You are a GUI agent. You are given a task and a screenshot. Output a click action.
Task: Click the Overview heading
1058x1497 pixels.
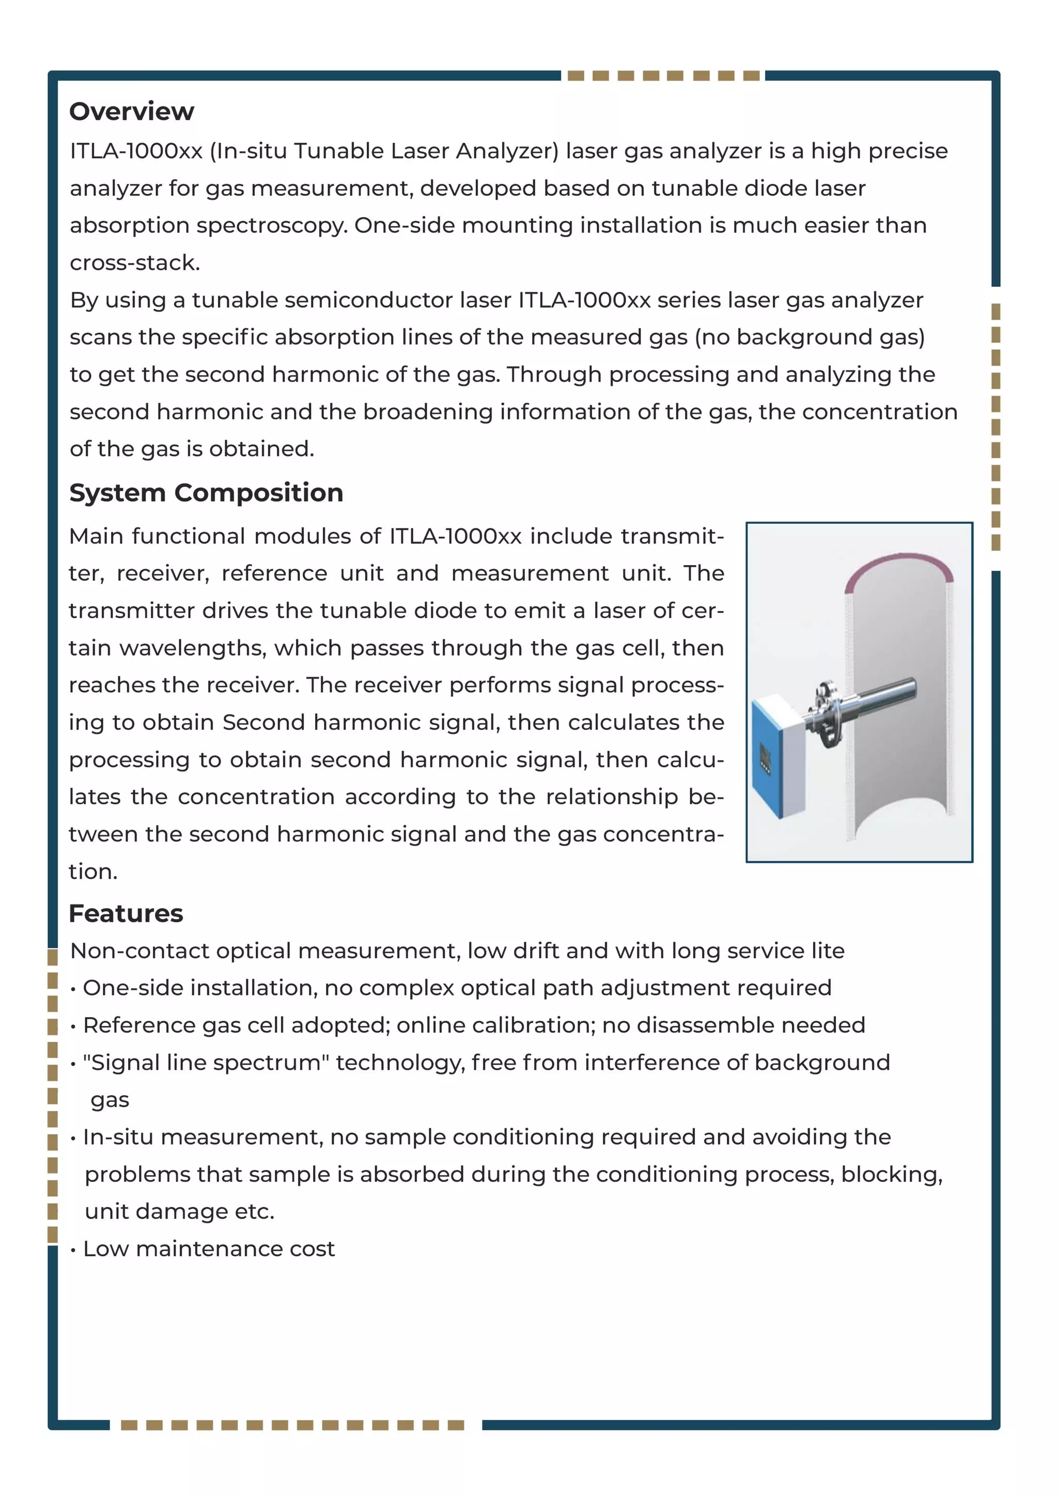pyautogui.click(x=132, y=112)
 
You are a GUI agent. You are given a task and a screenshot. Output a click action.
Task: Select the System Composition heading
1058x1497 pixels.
pyautogui.click(x=206, y=492)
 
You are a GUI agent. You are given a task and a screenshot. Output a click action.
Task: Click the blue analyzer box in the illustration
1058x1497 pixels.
pyautogui.click(x=776, y=756)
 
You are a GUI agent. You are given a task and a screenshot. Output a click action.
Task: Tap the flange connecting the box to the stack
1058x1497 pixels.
pyautogui.click(x=824, y=714)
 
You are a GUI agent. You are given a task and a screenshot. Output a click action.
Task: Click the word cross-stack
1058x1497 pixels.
pyautogui.click(x=134, y=263)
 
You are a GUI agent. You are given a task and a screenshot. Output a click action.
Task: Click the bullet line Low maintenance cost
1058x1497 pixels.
pyautogui.click(x=209, y=1249)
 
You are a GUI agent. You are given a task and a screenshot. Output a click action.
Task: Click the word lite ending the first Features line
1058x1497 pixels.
pyautogui.click(x=827, y=952)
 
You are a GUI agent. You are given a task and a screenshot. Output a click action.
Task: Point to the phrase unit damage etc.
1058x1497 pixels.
pyautogui.click(x=179, y=1211)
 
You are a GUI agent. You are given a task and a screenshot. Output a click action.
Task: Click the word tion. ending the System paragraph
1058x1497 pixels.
pyautogui.click(x=93, y=872)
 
